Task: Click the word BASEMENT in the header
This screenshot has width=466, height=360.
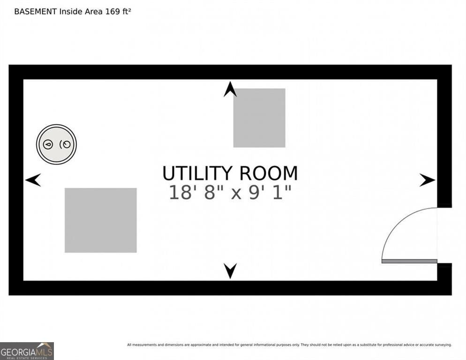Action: pos(35,12)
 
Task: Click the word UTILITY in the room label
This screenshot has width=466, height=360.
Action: pos(197,173)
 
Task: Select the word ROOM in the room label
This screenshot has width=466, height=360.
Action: pos(268,173)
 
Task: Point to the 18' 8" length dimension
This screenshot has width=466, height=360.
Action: pos(192,192)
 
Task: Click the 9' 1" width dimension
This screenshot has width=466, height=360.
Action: pos(270,192)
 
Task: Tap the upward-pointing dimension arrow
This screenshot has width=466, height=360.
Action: pos(230,89)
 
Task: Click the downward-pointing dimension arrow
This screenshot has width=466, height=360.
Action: pos(230,271)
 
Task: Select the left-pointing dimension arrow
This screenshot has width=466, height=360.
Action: pos(33,180)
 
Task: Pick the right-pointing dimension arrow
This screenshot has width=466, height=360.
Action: pos(428,180)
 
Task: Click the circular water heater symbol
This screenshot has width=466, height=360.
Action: pos(56,144)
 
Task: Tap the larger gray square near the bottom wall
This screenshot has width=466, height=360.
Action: pos(101,220)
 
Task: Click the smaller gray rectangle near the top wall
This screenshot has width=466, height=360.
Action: pos(259,118)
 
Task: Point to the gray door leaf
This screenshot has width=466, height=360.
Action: pos(409,261)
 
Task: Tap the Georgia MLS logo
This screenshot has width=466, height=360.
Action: pos(27,351)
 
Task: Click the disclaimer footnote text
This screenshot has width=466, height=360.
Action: pos(289,345)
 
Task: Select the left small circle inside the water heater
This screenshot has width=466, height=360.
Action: pos(48,144)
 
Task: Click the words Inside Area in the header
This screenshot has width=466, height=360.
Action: pos(81,12)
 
